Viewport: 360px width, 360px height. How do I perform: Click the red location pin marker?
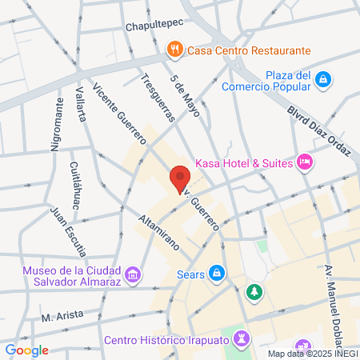(x=179, y=179)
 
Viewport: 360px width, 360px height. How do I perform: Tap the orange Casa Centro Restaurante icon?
(x=175, y=50)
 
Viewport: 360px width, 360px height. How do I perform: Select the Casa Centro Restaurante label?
(x=249, y=50)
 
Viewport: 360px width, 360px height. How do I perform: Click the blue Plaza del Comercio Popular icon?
(x=322, y=79)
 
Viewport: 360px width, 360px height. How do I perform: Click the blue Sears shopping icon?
(x=216, y=274)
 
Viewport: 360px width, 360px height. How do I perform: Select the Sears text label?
(x=190, y=274)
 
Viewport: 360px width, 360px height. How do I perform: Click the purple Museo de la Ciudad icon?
(x=133, y=276)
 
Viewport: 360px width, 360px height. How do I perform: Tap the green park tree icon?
(x=254, y=292)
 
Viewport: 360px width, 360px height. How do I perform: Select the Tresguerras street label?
(x=156, y=98)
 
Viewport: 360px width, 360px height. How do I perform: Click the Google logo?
(x=26, y=350)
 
